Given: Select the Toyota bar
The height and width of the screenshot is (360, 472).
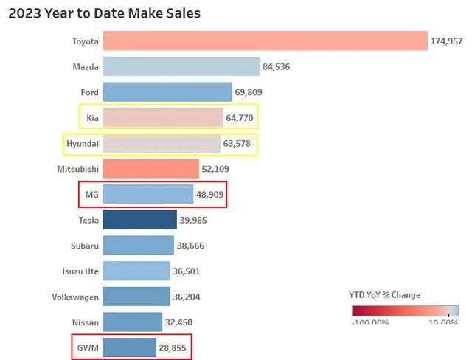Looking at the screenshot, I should (x=265, y=41).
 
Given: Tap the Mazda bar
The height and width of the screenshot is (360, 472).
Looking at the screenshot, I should (x=181, y=67).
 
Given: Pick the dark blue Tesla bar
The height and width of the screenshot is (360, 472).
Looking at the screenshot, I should (x=139, y=220).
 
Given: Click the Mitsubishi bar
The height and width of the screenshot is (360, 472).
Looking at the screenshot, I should (x=150, y=169).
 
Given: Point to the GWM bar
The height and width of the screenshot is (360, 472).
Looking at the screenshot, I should (x=129, y=347).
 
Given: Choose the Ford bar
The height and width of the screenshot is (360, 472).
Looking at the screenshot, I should (x=167, y=92).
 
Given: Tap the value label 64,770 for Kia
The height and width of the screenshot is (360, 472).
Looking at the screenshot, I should (x=240, y=118).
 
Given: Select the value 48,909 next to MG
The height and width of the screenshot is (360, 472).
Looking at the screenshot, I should (x=209, y=195).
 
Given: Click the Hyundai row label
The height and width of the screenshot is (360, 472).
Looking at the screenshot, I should (x=83, y=143).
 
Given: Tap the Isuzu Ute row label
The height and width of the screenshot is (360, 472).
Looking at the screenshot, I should (x=80, y=271).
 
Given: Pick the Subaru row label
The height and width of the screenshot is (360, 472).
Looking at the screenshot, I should (x=83, y=246).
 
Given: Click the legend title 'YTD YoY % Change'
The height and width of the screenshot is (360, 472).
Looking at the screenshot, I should (x=384, y=295).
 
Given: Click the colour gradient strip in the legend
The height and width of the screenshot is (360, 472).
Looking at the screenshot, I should (x=405, y=311).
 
